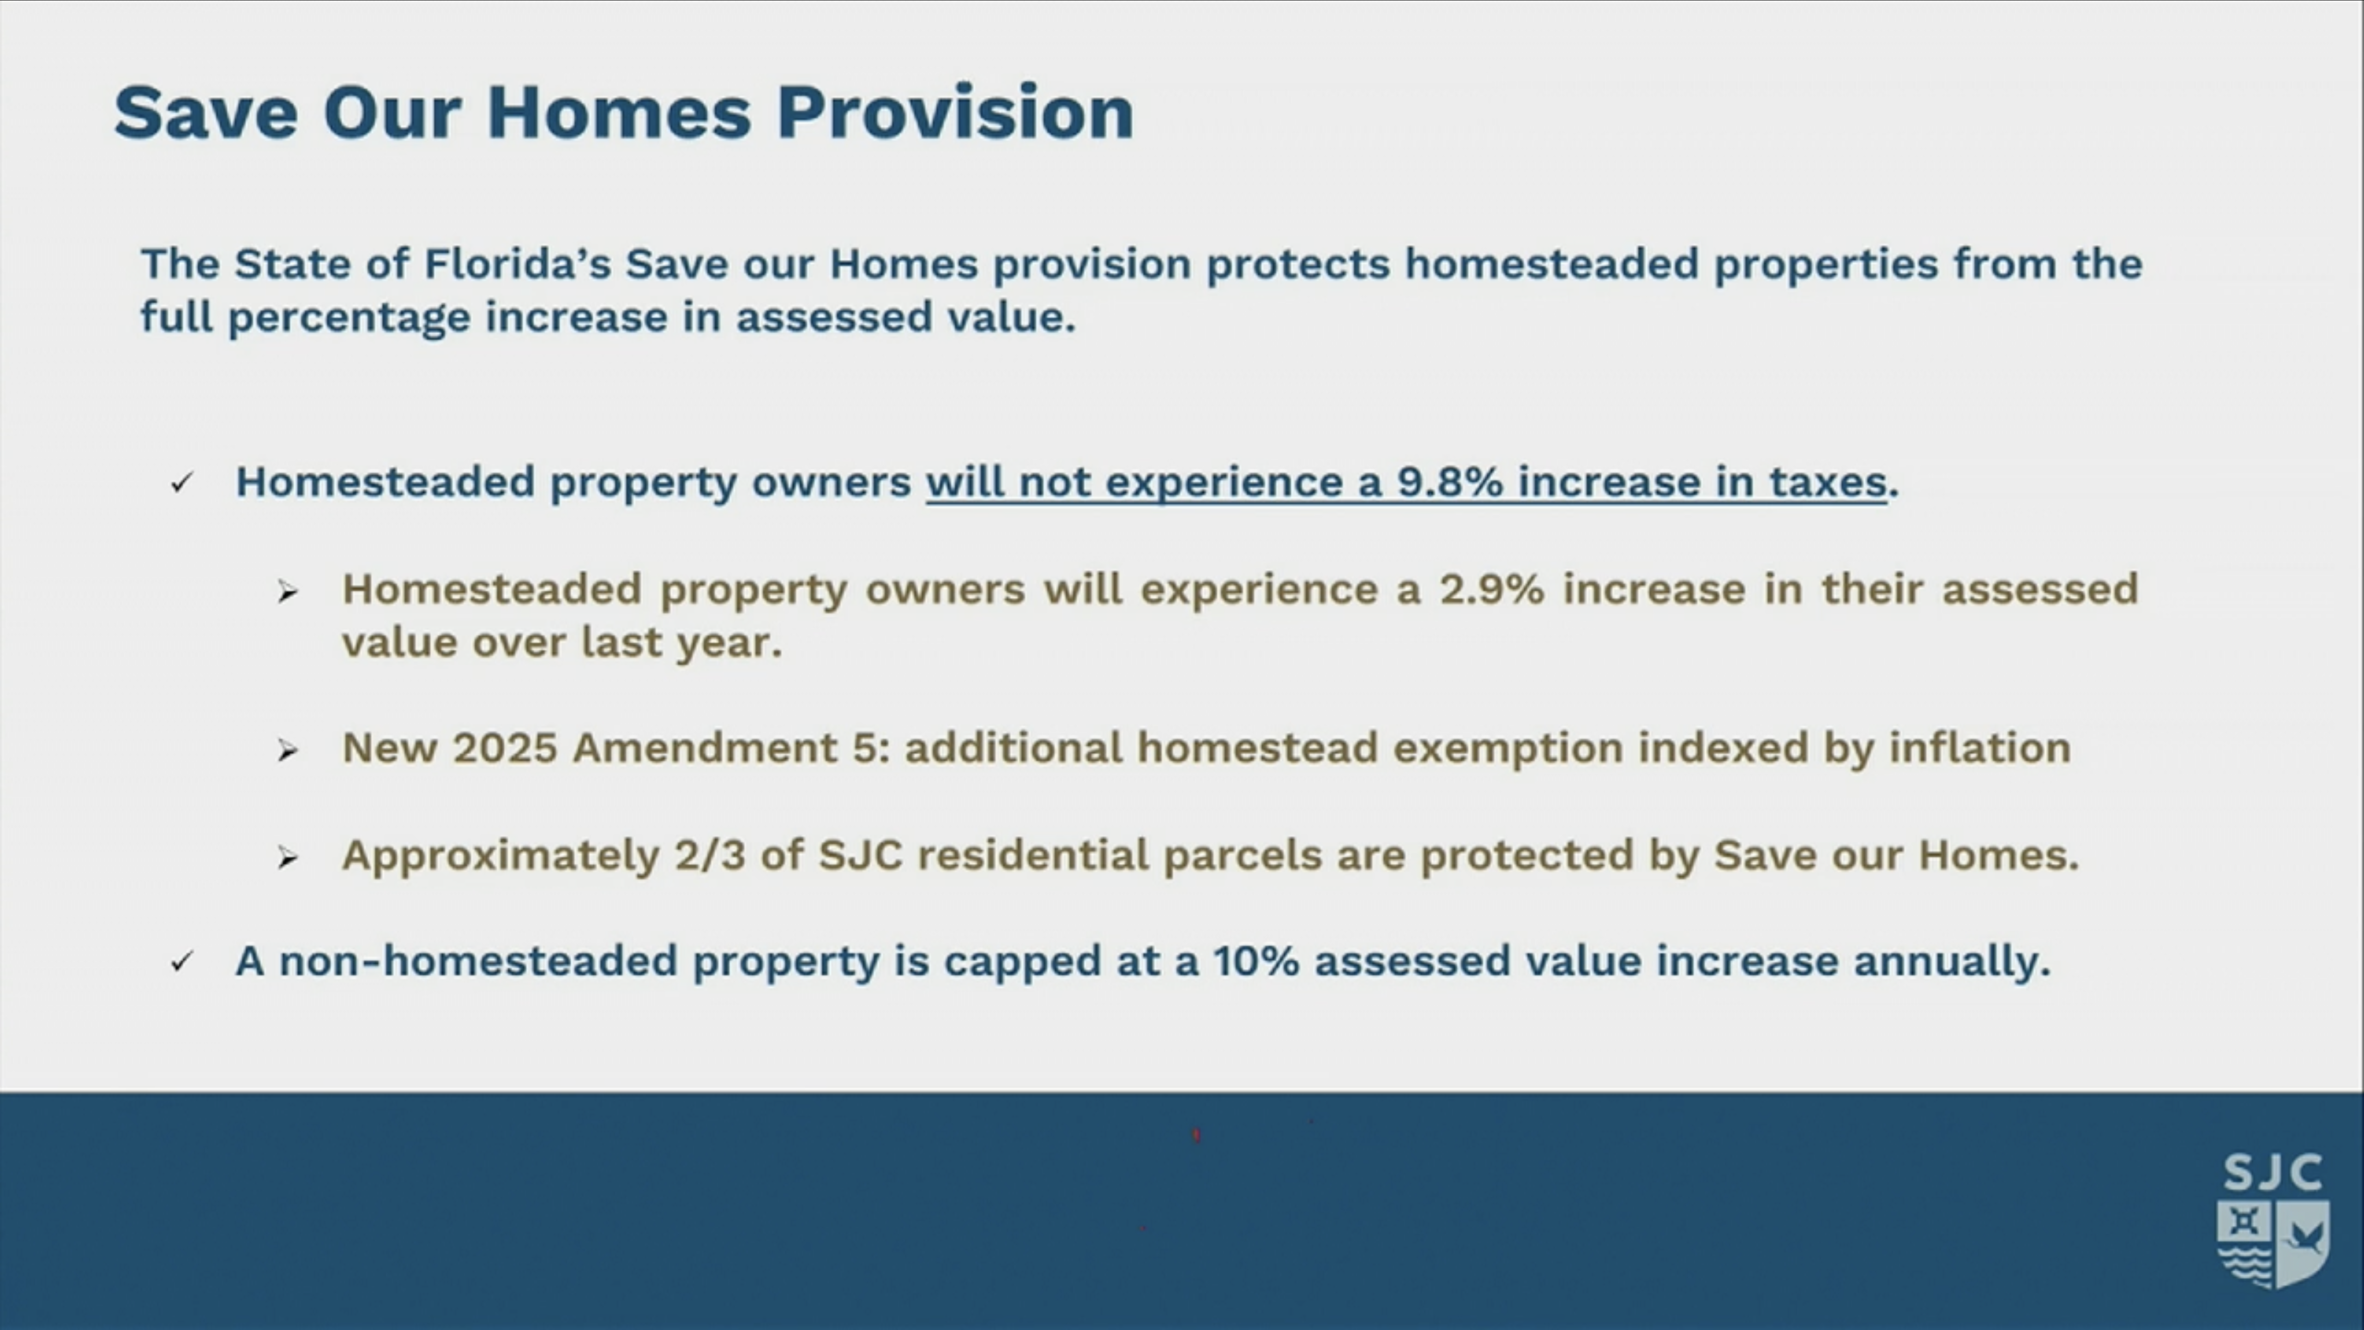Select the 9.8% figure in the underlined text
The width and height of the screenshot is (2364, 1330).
pyautogui.click(x=1450, y=482)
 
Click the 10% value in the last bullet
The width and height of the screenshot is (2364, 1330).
pyautogui.click(x=1256, y=961)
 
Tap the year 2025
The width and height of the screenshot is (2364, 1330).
pyautogui.click(x=505, y=748)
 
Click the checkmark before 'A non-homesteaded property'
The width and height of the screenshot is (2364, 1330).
pyautogui.click(x=182, y=962)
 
